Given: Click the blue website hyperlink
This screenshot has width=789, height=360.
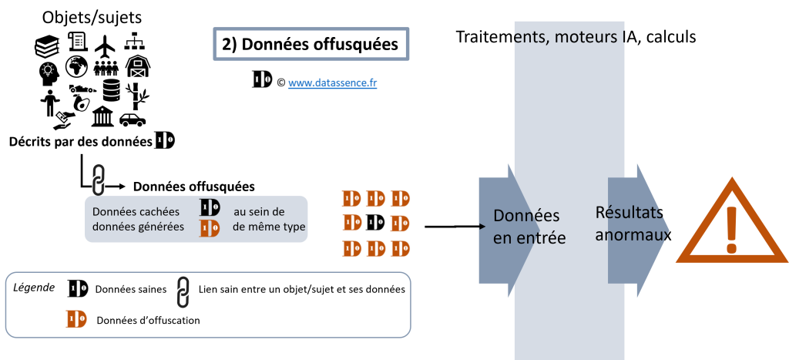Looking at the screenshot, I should tap(332, 83).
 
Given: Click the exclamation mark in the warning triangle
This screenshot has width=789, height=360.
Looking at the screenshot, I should tap(731, 228).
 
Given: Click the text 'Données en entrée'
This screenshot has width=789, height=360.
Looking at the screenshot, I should tap(529, 227).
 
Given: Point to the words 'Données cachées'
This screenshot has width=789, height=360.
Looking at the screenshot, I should tap(136, 211).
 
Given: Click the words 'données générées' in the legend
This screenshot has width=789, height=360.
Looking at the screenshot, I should tap(138, 227).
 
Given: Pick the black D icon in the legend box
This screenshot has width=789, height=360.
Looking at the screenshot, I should tap(210, 208).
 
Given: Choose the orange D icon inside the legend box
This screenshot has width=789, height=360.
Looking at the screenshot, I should tap(210, 228).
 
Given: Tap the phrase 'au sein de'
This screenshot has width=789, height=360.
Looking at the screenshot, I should tap(259, 211).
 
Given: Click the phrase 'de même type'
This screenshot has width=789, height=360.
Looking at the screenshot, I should tap(268, 227).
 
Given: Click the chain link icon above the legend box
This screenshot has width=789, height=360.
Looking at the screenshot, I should tap(99, 180).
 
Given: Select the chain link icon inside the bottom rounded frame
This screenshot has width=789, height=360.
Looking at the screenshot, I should tap(183, 292).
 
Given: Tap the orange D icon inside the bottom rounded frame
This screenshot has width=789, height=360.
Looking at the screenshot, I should tap(76, 319).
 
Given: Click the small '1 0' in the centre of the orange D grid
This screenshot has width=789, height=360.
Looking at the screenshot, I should tap(376, 223).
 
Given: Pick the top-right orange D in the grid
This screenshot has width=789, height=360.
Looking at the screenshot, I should tap(400, 199).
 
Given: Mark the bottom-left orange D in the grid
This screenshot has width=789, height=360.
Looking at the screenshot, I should tap(352, 249).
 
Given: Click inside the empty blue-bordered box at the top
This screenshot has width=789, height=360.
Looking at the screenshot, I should tap(311, 45).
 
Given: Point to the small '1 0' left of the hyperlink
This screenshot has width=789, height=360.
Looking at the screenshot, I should tap(263, 79).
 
